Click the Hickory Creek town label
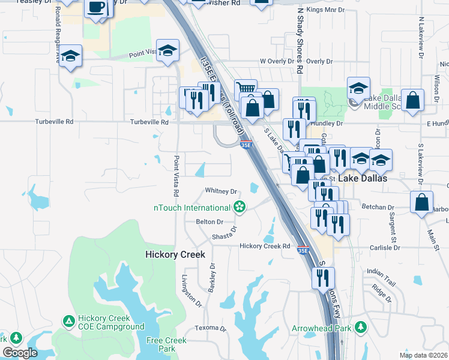coord(175,254)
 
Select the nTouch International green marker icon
coord(240,208)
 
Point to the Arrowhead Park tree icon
coord(360,327)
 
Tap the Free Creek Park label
coord(167,344)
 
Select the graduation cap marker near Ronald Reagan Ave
coord(71,56)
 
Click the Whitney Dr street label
coord(221,191)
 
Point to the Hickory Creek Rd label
coord(265,246)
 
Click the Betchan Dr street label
coord(376,206)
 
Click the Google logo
coord(20,353)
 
